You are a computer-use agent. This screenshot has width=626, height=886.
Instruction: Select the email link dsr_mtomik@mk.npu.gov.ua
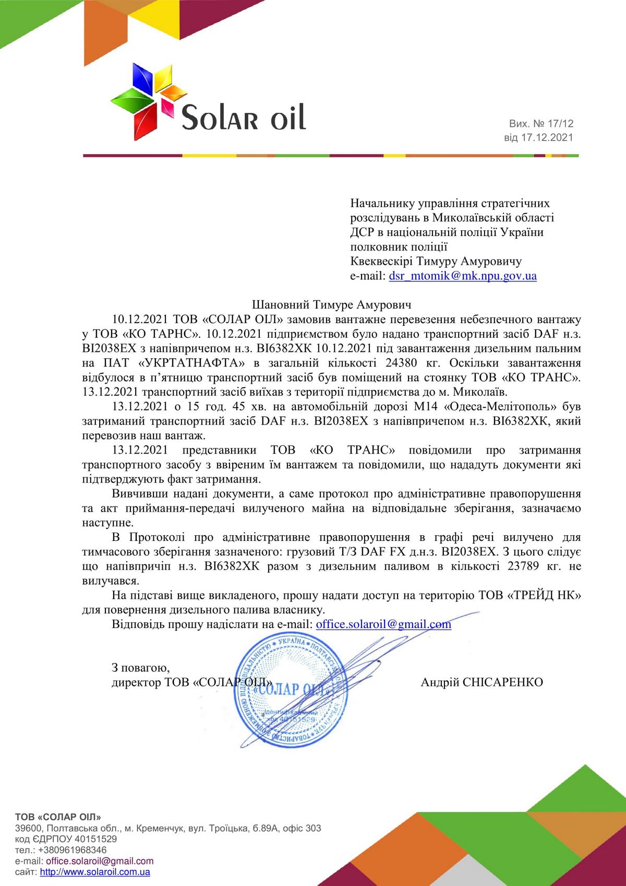click(x=463, y=276)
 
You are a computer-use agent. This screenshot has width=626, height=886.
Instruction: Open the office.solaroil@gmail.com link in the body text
click(x=383, y=624)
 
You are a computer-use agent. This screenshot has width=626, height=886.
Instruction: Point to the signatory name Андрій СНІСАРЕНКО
click(x=481, y=682)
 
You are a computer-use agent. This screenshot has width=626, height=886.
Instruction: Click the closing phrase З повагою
click(x=140, y=668)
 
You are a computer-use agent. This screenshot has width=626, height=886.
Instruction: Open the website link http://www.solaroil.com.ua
click(x=95, y=872)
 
